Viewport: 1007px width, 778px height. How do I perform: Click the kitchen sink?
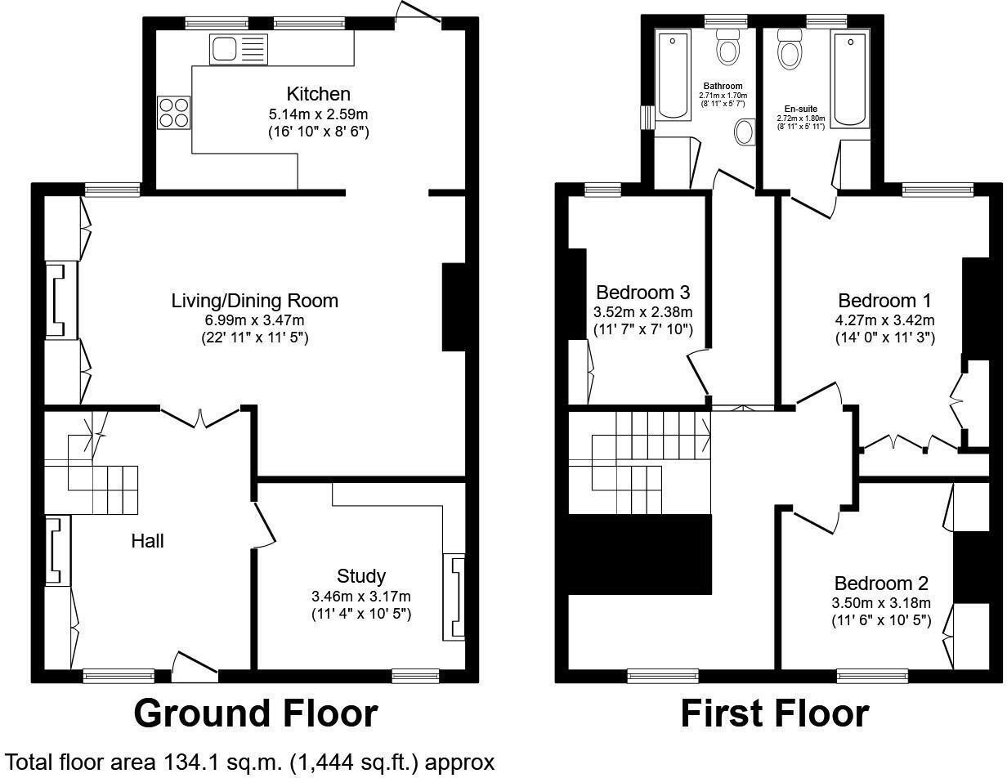[x=238, y=50]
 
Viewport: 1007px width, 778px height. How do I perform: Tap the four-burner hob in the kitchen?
[x=173, y=112]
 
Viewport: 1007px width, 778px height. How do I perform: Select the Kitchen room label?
[x=318, y=94]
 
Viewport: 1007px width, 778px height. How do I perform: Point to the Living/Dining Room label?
[x=254, y=301]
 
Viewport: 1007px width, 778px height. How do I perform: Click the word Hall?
[x=148, y=541]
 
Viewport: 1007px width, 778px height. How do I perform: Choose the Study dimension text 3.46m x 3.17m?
[x=360, y=596]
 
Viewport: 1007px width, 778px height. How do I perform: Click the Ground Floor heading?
[x=255, y=713]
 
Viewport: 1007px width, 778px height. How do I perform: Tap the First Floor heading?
[x=774, y=713]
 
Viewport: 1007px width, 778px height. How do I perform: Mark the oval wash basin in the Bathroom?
[x=745, y=132]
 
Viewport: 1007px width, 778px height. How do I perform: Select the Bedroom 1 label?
[x=884, y=299]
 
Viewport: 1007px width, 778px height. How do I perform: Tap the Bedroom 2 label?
[x=881, y=583]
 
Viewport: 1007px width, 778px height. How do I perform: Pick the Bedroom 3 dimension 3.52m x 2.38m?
[x=642, y=311]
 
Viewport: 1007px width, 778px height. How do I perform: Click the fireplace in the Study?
[x=454, y=597]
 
